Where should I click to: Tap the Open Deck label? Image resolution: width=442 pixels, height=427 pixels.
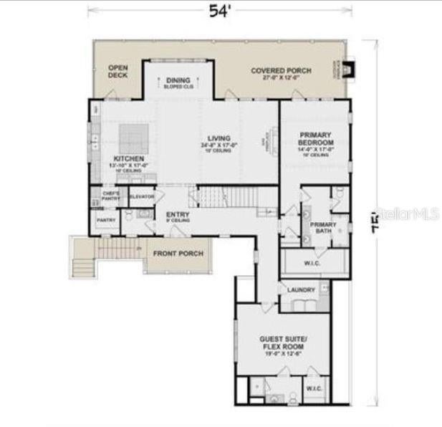tap(117, 71)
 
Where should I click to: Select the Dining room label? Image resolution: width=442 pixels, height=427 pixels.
tap(178, 80)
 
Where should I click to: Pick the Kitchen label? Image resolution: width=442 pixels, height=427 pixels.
tap(129, 158)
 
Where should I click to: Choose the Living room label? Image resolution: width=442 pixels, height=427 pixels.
tap(218, 138)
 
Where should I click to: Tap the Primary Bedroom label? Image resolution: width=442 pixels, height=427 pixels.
tap(316, 138)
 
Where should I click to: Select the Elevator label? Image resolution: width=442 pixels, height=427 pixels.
tap(142, 196)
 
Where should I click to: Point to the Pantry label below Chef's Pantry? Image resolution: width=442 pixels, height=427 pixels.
tap(106, 221)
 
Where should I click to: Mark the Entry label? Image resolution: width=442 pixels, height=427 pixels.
tap(177, 214)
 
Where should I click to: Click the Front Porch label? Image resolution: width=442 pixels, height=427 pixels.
tap(181, 254)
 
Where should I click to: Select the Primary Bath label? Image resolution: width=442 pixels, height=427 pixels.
tap(323, 228)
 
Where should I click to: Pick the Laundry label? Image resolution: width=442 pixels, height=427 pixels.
tap(301, 289)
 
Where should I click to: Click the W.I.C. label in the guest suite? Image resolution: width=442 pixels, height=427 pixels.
tap(314, 388)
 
